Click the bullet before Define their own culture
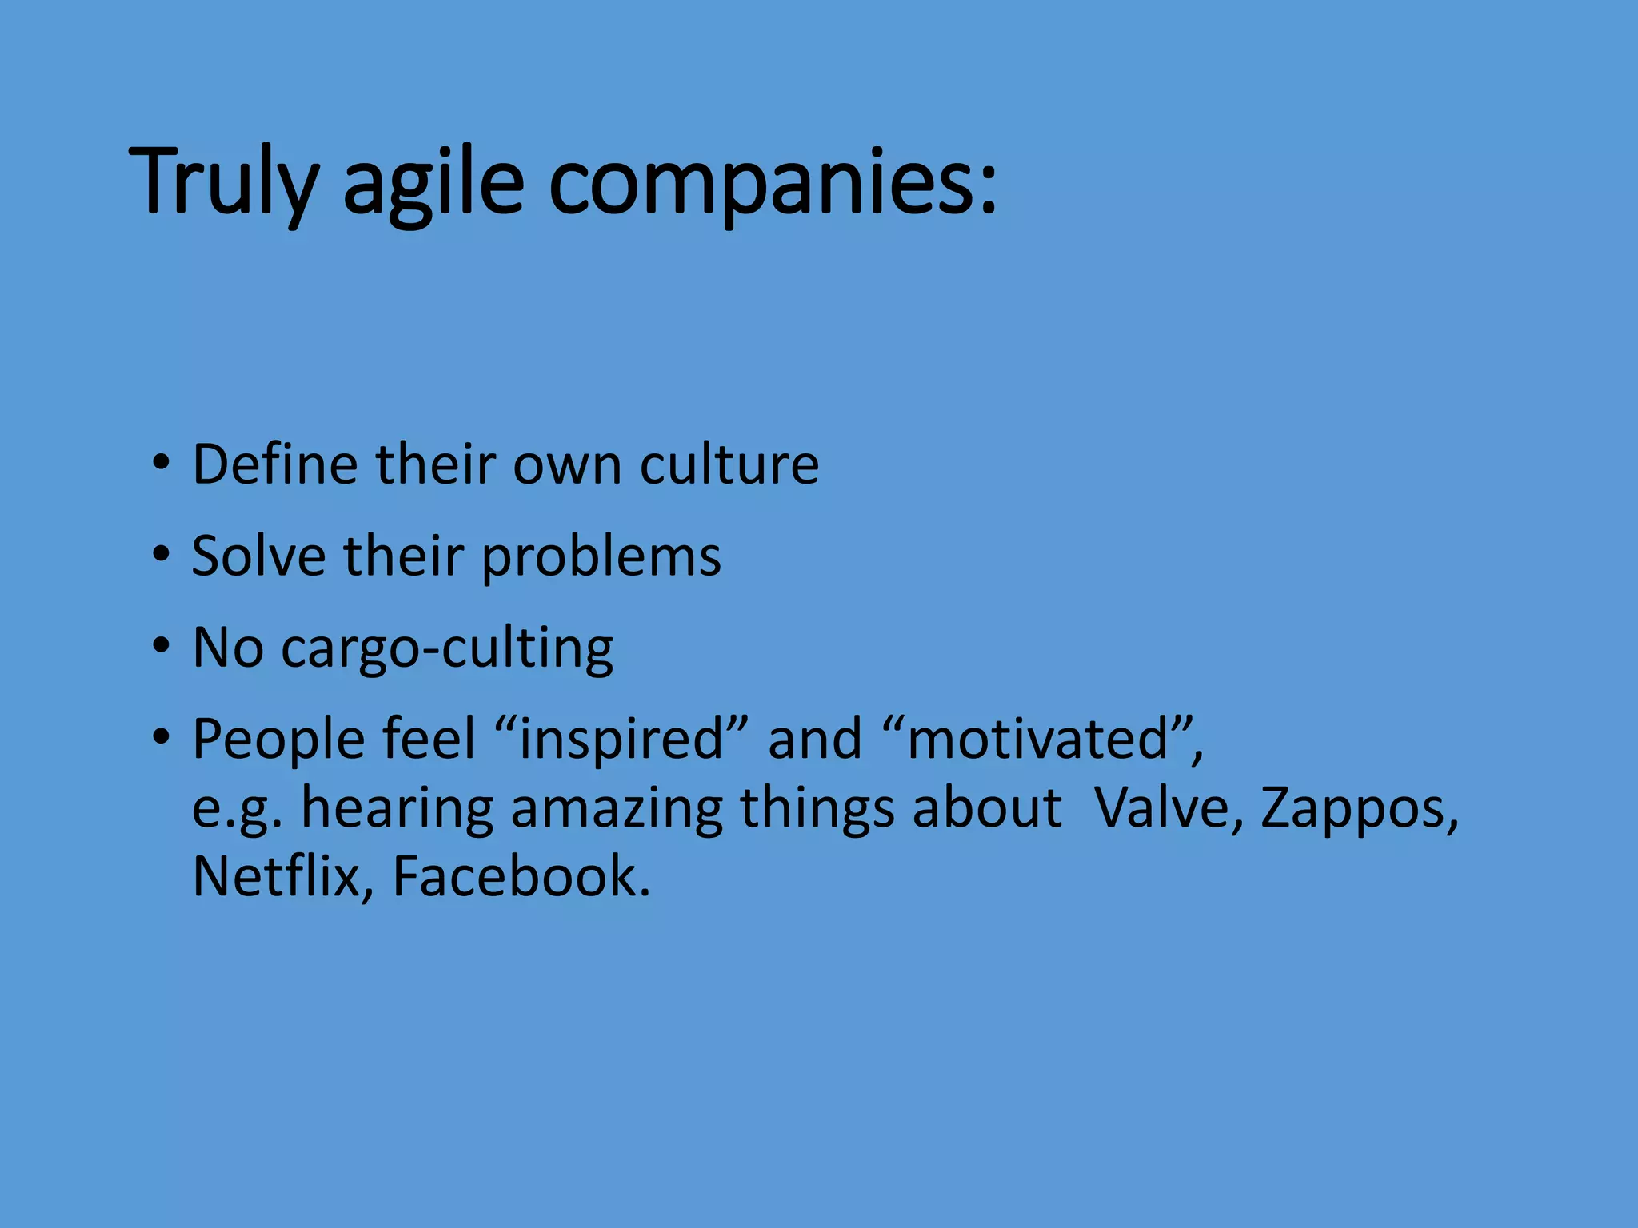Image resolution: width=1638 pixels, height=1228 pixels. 162,463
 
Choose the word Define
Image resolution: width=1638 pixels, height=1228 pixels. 275,464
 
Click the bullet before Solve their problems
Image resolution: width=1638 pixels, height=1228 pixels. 162,554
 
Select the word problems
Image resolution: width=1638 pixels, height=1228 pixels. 601,557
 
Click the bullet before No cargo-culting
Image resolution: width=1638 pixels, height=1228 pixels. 162,645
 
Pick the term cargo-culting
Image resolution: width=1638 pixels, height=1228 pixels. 447,648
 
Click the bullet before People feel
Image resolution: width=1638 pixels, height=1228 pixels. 162,736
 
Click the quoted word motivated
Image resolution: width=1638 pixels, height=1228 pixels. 1039,740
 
